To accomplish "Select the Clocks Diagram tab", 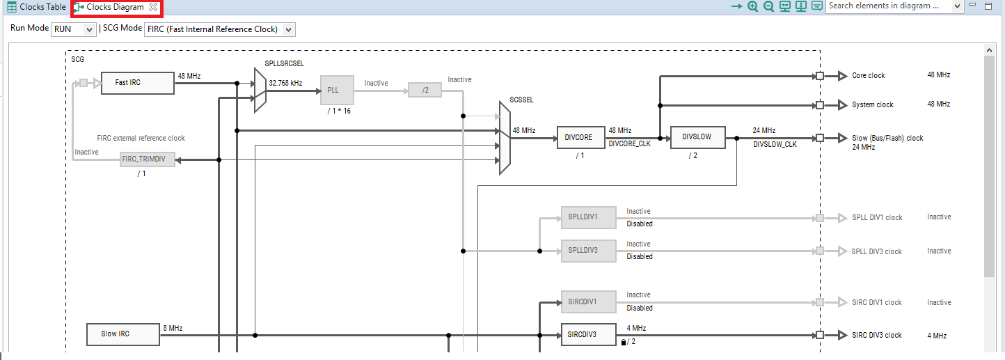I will tap(116, 7).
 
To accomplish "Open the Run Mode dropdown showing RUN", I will tap(74, 29).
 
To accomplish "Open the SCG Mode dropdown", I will tap(219, 29).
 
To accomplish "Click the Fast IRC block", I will tap(137, 83).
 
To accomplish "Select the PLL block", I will tap(337, 90).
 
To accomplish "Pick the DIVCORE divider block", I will tap(579, 138).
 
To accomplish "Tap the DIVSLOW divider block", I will tap(697, 137).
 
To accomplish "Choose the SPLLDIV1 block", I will tap(588, 217).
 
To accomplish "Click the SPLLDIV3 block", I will tap(588, 251).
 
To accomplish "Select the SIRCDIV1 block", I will tap(588, 302).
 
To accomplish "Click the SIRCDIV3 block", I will tap(588, 334).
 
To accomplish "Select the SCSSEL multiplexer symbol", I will tap(505, 138).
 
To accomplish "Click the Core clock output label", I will tap(869, 76).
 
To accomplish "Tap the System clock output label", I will tap(873, 105).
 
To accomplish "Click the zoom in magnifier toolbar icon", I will tap(752, 6).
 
